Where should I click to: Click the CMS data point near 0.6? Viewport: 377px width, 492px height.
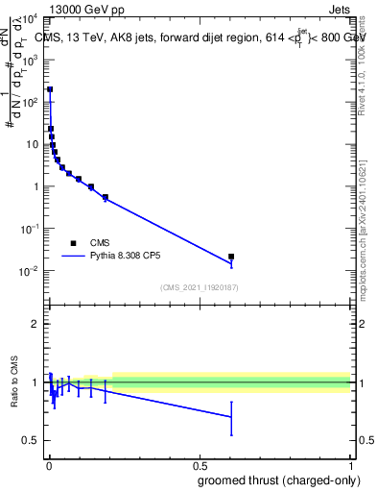coord(231,257)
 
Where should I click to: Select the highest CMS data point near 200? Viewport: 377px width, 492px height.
coord(50,89)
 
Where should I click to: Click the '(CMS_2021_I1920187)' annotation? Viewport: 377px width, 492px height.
coord(199,286)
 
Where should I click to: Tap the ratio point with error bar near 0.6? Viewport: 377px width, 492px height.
coord(231,416)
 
